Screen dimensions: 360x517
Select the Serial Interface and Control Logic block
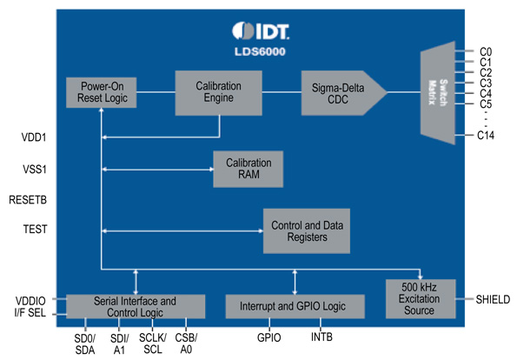coord(136,305)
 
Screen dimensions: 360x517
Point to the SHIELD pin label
coord(494,299)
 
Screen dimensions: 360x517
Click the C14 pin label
coord(486,136)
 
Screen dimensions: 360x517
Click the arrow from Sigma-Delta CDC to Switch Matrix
coord(403,91)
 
